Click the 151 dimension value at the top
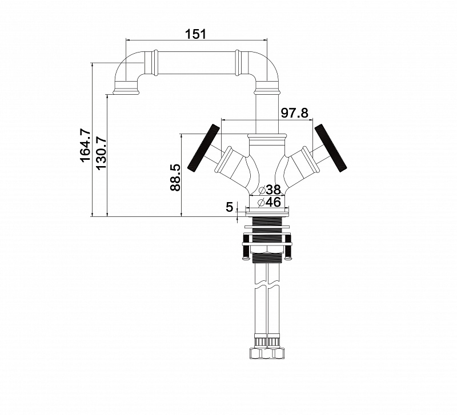pyautogui.click(x=195, y=34)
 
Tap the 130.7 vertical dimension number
pyautogui.click(x=101, y=153)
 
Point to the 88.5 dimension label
pyautogui.click(x=175, y=178)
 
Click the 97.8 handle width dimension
pyautogui.click(x=294, y=112)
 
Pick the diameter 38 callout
pyautogui.click(x=270, y=190)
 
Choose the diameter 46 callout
pyautogui.click(x=269, y=202)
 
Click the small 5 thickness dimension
pyautogui.click(x=230, y=207)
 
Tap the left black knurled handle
pyautogui.click(x=204, y=148)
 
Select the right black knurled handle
pyautogui.click(x=331, y=148)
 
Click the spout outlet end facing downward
pyautogui.click(x=126, y=92)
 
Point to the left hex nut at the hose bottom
pyautogui.click(x=258, y=353)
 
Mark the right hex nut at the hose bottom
pyautogui.click(x=276, y=353)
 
